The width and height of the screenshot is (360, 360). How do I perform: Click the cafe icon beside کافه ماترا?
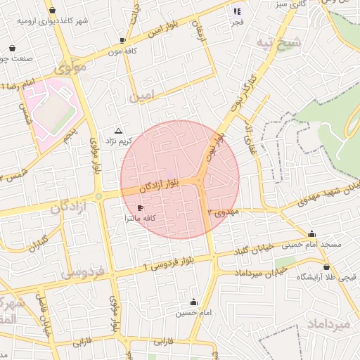139,208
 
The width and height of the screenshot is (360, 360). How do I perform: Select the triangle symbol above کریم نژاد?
118,131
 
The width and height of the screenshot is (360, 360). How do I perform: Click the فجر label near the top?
237,22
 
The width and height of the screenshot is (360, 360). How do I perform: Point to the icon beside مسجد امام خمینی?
311,234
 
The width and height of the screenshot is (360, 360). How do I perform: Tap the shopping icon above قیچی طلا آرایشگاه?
327,266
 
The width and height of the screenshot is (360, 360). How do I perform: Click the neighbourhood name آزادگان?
67,207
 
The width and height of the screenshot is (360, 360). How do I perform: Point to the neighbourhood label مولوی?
69,70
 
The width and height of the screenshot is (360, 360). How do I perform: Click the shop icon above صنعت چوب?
13,48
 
